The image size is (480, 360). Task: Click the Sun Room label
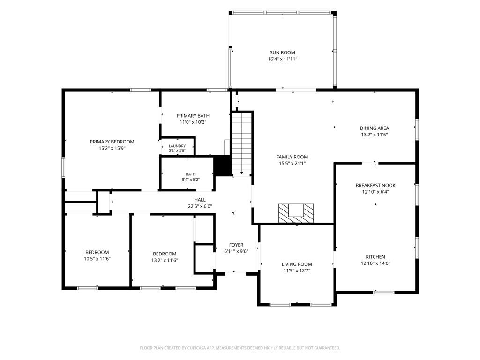(282, 52)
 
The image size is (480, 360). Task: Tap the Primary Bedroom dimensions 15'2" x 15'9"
(112, 148)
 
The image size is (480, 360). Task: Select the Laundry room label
(177, 146)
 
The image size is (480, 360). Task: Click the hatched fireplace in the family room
(296, 213)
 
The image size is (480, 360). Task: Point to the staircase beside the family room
(242, 143)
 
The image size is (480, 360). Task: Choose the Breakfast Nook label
(375, 185)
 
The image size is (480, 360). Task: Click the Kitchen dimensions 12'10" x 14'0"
(375, 263)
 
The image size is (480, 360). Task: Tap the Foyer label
(236, 245)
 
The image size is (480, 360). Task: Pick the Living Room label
(297, 264)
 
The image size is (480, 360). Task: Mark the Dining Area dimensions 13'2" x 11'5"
(375, 135)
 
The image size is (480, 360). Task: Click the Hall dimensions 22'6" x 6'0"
(200, 206)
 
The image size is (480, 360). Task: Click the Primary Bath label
(193, 116)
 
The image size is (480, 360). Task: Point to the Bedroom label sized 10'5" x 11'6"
(97, 252)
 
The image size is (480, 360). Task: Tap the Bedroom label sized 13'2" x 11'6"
(165, 254)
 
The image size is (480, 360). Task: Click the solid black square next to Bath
(222, 165)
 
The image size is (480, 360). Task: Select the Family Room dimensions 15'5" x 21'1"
(292, 164)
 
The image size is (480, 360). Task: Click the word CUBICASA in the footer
(196, 348)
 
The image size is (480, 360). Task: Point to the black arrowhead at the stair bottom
(242, 173)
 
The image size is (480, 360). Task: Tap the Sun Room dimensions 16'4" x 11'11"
(283, 59)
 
